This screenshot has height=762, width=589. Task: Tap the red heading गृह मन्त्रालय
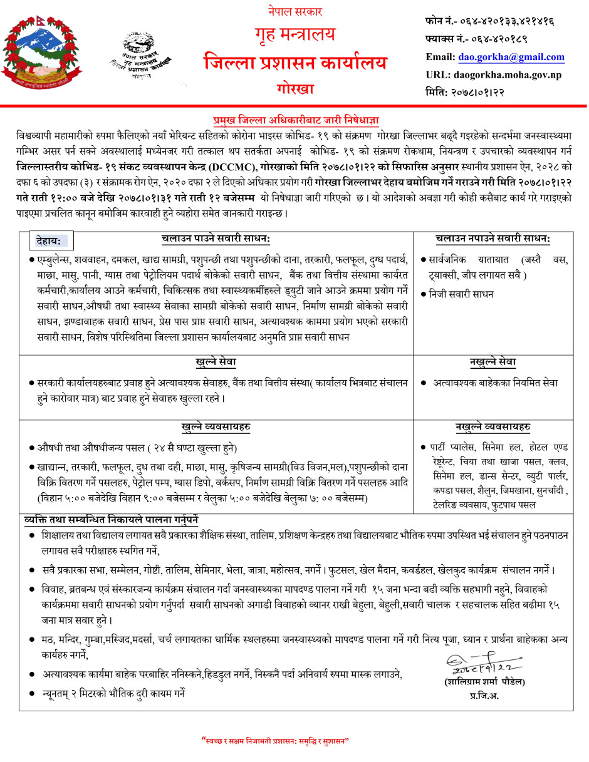coord(294,35)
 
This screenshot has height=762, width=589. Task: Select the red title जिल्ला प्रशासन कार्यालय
coord(294,63)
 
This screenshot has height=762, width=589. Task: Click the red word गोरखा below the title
coord(294,88)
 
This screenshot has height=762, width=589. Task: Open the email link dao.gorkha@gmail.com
coord(511,57)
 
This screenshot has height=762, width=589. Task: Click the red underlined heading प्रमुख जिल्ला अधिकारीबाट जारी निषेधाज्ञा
coord(296,120)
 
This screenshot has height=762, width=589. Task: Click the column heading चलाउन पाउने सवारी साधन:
coord(214,239)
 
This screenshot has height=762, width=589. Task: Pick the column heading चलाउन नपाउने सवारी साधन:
coord(493,239)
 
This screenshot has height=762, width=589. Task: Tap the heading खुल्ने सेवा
coord(216,363)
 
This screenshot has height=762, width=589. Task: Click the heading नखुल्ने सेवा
coord(493,363)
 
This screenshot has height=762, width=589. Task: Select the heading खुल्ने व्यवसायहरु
coord(216,427)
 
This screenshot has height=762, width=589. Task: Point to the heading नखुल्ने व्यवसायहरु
coord(493,427)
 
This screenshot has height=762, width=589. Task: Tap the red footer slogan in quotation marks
coord(276,741)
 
